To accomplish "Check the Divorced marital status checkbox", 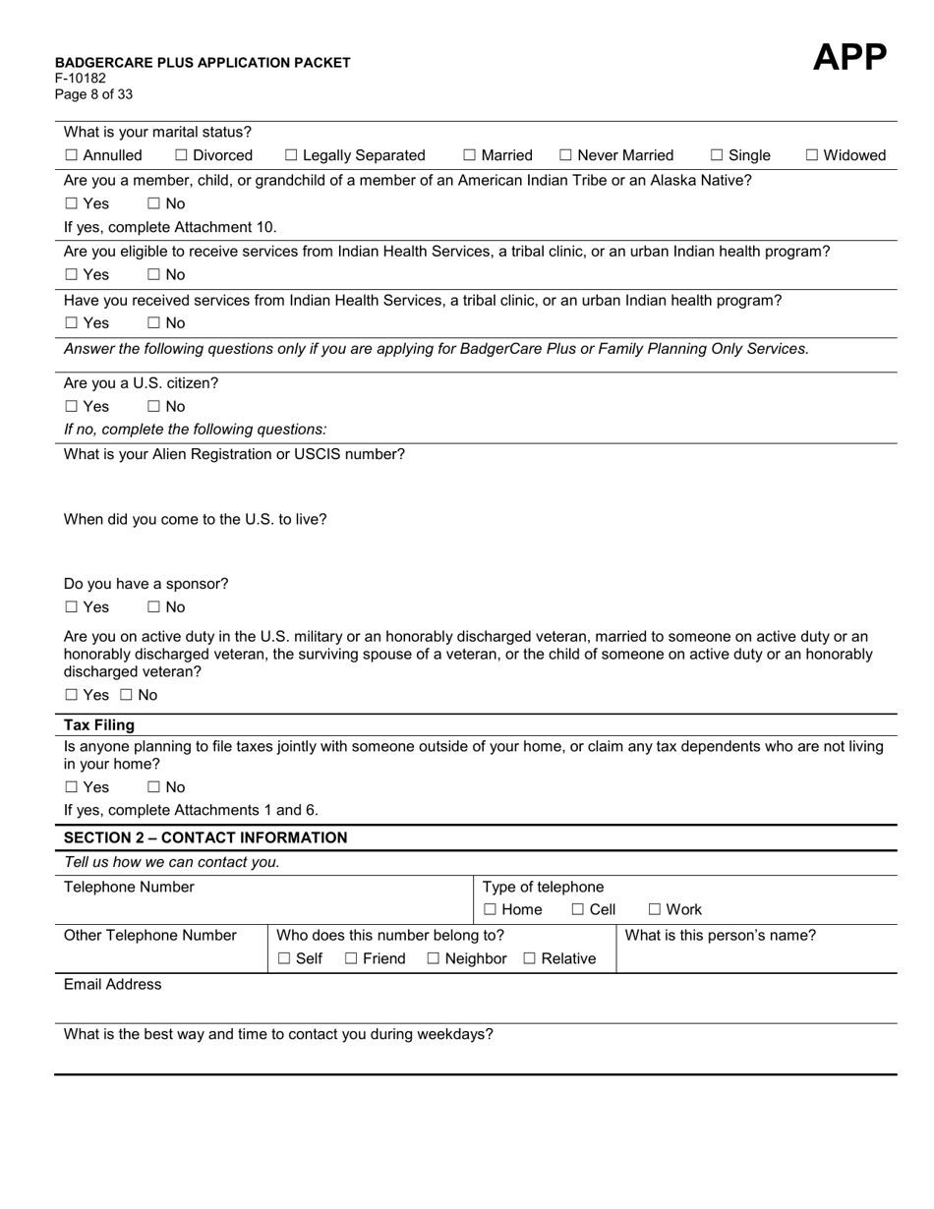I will pos(182,155).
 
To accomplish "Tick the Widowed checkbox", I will pos(812,155).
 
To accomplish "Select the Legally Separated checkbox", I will pos(291,155).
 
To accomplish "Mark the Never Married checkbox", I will pos(565,155).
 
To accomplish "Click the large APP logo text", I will pos(849,58).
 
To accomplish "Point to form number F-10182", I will pos(81,79).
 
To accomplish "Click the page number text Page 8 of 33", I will pos(93,94).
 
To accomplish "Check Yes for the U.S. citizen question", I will pos(71,407).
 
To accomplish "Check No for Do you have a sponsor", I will pos(154,607).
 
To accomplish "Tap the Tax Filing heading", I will pos(99,725).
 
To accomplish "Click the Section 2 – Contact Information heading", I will pos(205,838).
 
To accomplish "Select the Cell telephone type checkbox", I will pos(578,910).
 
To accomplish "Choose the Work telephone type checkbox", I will pos(655,910).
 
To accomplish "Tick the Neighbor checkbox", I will pos(434,959).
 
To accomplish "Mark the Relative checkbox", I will pos(530,959).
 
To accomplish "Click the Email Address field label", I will pos(113,985).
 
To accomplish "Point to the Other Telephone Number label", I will pos(150,936).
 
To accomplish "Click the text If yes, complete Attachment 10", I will pos(170,227).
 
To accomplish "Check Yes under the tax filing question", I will pos(71,787).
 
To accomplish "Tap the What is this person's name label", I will pos(721,936).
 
